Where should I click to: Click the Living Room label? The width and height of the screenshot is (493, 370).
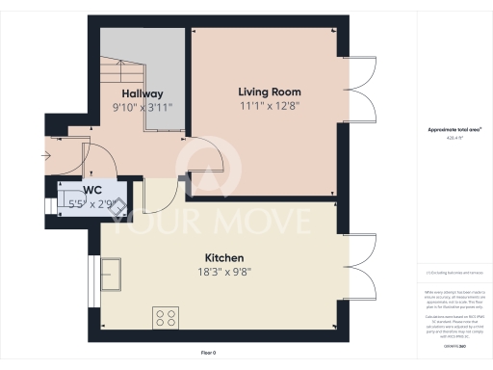(x=265, y=92)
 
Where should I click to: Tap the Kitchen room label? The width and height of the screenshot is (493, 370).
(x=222, y=258)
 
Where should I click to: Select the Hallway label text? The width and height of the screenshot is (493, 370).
(x=142, y=93)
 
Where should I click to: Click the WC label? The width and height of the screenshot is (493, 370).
(x=92, y=190)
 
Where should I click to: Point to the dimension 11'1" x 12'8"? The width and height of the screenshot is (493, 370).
(x=265, y=106)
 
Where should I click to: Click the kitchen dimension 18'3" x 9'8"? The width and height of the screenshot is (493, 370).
(x=222, y=273)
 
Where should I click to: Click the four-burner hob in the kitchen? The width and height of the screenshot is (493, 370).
(x=165, y=316)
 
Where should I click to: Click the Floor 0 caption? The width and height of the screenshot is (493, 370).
(x=208, y=354)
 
